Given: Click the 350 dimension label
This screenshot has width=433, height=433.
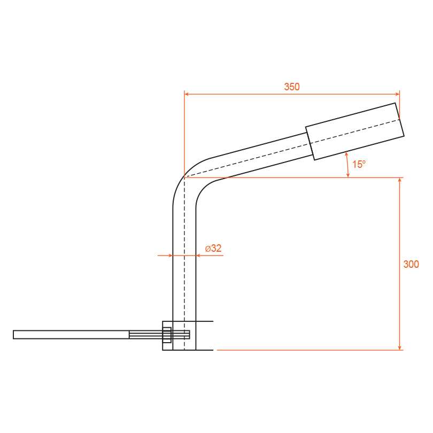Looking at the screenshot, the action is point(292,87).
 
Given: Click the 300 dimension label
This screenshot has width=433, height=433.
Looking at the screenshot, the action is point(411,264).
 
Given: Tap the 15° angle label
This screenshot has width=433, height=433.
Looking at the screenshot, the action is point(359,164).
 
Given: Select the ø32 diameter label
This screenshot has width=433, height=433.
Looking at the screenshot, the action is point(213,248).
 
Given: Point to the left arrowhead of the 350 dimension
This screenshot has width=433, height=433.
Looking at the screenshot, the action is point(187,94).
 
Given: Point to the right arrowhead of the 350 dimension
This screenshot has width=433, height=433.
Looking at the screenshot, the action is point(397,94).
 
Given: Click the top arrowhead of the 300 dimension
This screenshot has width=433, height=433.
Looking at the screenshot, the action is point(399,180).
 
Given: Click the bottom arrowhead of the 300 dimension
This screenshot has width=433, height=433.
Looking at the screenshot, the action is point(399,347).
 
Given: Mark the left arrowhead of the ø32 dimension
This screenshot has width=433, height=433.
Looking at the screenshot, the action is point(170,256).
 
